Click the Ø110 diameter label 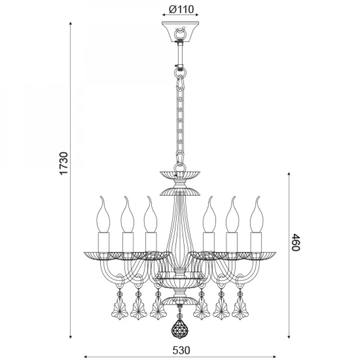coord(181,9)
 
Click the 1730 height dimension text coord(64,163)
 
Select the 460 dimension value coord(296,242)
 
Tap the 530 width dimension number coord(181,350)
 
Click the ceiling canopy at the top coord(180,32)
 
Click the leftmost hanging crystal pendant coord(120,308)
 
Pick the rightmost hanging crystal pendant coord(240,308)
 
